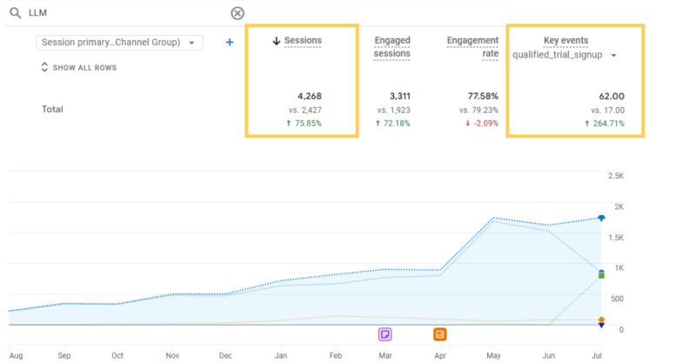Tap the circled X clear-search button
pos(238,13)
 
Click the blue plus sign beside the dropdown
pos(230,42)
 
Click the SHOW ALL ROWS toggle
pos(78,67)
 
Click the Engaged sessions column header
pos(391,47)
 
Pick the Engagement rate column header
pos(472,47)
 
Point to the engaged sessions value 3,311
pos(395,96)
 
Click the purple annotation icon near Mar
pos(385,334)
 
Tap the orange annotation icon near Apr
pos(440,334)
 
